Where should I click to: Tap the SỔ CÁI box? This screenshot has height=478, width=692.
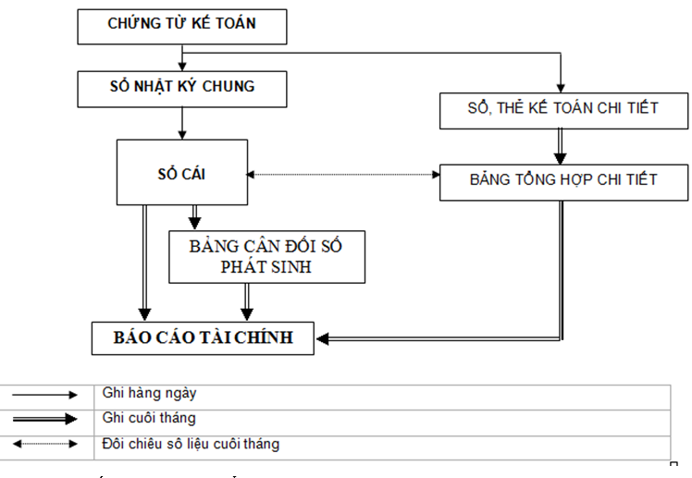[x=181, y=172]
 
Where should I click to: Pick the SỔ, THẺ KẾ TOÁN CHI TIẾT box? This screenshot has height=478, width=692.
[x=562, y=108]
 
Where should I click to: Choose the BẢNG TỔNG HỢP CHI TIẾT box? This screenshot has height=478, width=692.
[x=562, y=179]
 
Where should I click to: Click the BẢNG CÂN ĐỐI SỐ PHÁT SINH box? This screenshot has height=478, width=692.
[x=267, y=256]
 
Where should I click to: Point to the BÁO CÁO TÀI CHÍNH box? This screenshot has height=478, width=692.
[x=203, y=337]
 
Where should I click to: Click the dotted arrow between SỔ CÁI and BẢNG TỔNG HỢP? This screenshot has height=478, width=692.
[x=343, y=174]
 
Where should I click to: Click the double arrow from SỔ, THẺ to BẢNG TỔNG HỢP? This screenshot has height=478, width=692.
[x=562, y=144]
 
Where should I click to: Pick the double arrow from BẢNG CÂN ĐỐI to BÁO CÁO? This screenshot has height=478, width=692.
[x=246, y=302]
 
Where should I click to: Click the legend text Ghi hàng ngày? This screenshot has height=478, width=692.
[x=148, y=394]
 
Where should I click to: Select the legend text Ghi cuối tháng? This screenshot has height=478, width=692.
[x=149, y=419]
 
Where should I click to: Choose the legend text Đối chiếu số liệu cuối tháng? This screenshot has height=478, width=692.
[x=191, y=444]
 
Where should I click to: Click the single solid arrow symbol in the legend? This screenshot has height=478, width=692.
[x=45, y=395]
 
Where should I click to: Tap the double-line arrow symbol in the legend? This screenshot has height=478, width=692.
[x=45, y=420]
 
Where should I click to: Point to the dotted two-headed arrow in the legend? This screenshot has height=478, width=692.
[x=45, y=445]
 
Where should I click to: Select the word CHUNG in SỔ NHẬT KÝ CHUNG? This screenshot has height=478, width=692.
[x=227, y=88]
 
